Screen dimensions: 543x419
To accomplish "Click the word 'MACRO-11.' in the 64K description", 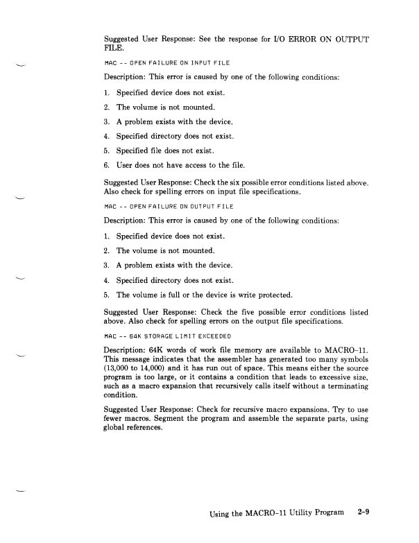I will (x=348, y=351).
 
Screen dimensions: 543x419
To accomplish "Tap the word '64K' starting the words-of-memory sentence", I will (x=157, y=351).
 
